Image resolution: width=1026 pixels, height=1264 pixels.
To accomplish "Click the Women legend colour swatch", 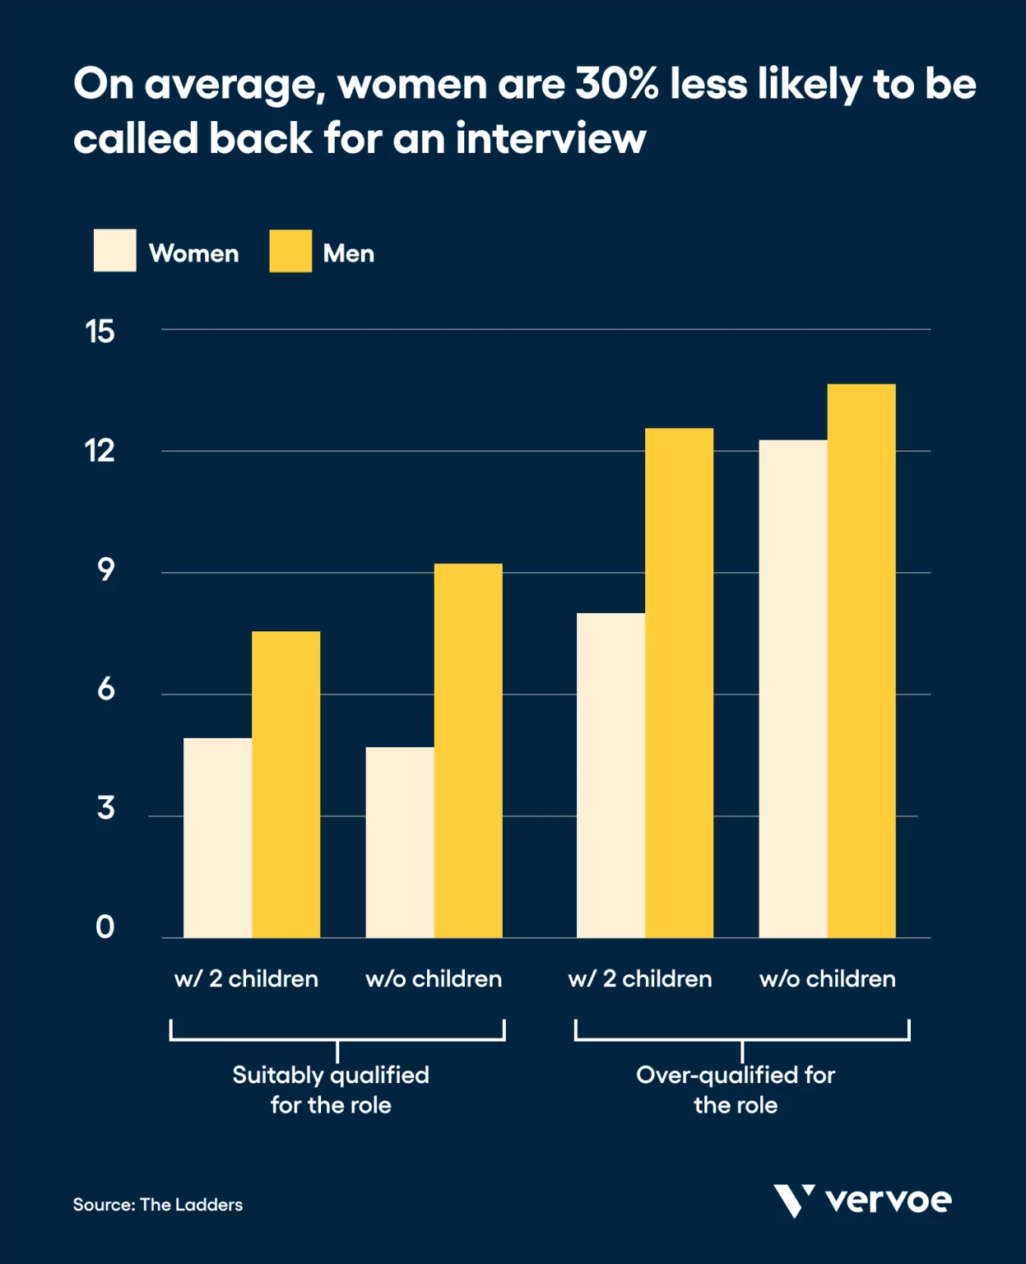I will click(114, 251).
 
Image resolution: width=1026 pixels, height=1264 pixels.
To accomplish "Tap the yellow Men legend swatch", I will click(290, 251).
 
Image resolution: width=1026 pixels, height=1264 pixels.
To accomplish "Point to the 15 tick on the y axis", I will click(100, 332).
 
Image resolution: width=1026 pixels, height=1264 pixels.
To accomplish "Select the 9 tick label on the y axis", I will click(105, 570).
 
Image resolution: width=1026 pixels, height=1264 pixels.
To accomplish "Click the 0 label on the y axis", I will click(104, 927).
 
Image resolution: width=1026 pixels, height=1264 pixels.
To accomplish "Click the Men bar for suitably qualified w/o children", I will click(468, 750).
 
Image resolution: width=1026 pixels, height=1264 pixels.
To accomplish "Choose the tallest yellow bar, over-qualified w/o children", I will click(861, 660).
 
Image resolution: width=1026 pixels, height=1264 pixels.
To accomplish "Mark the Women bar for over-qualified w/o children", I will click(793, 688).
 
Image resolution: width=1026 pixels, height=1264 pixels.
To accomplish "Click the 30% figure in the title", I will click(616, 84).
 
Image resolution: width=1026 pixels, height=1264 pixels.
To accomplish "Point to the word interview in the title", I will click(550, 138).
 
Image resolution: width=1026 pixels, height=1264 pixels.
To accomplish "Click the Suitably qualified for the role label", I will click(331, 1090).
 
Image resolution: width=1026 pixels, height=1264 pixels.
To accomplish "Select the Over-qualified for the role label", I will click(736, 1090).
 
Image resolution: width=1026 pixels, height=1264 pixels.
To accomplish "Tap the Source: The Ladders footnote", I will click(158, 1205).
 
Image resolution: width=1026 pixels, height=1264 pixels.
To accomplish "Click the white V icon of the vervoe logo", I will click(793, 1201).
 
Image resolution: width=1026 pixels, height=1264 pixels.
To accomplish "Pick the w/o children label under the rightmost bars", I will click(827, 978).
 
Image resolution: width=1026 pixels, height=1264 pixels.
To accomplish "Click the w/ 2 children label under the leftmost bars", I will click(246, 978).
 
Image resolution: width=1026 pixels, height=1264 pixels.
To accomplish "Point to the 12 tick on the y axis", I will click(100, 451).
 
